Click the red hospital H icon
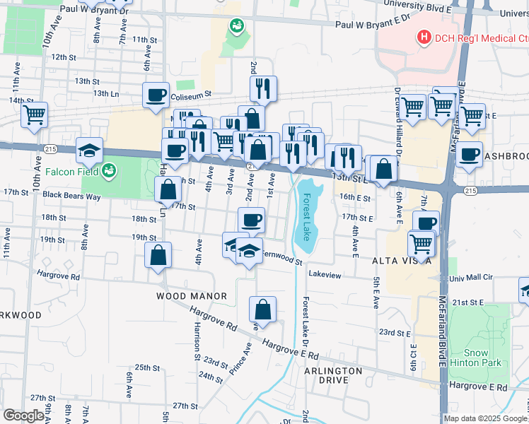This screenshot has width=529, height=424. click(x=424, y=37)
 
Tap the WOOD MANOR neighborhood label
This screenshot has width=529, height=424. click(x=191, y=296)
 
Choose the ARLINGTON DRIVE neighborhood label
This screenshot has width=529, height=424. click(x=333, y=375)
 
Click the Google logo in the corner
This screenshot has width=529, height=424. click(x=23, y=416)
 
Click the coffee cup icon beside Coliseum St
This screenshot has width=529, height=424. click(x=156, y=94)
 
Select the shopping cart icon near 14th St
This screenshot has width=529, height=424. click(x=34, y=114)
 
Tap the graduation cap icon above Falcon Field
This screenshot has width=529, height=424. click(x=89, y=149)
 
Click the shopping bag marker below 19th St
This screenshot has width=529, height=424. click(x=159, y=255)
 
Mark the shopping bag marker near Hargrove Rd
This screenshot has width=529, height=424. click(x=262, y=309)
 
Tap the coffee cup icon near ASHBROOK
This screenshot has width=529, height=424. click(x=468, y=154)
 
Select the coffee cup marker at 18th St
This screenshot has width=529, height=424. click(x=251, y=220)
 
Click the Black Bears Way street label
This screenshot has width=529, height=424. click(x=52, y=194)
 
